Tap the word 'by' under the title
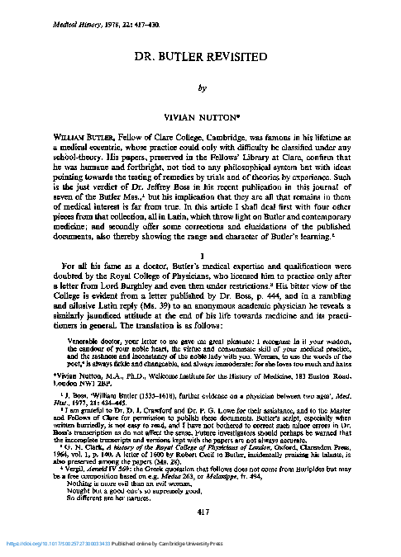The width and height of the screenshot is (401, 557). (x=200, y=83)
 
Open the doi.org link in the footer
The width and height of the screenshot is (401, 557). (x=61, y=545)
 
